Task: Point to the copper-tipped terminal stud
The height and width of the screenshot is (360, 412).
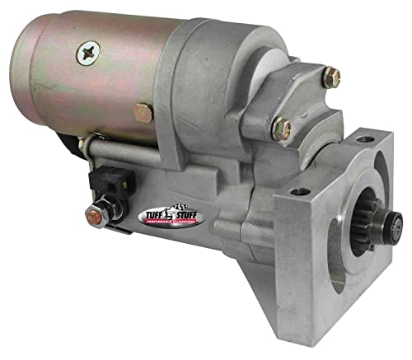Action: [x=94, y=217]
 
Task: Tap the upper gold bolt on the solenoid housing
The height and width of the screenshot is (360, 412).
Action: [x=330, y=77]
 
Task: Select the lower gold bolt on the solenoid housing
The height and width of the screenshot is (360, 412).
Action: [x=282, y=128]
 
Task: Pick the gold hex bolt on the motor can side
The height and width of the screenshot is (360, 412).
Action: [x=143, y=112]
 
